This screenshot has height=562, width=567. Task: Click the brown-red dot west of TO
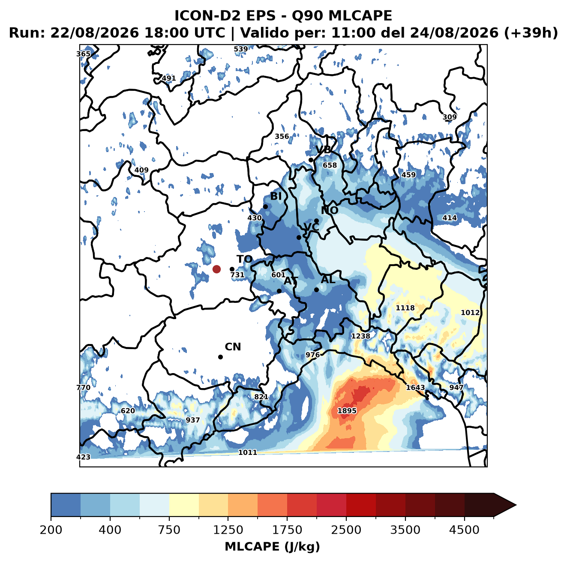[216, 269]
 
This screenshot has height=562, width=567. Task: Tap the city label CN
[233, 347]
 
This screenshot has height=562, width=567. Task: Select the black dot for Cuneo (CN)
[220, 357]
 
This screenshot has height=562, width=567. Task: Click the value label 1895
[347, 411]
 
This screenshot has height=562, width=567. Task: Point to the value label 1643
[415, 388]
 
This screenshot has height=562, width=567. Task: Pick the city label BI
[276, 196]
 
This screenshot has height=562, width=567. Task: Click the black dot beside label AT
[279, 291]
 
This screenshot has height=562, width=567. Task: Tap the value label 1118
[405, 308]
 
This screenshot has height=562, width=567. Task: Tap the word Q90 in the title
[307, 15]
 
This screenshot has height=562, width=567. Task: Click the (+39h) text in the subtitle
[531, 33]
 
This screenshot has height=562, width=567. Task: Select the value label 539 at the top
[241, 49]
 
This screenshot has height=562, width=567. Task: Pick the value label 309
[450, 117]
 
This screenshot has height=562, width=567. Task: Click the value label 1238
[361, 336]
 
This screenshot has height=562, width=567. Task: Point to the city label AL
[328, 279]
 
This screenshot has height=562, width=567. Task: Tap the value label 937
[193, 420]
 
